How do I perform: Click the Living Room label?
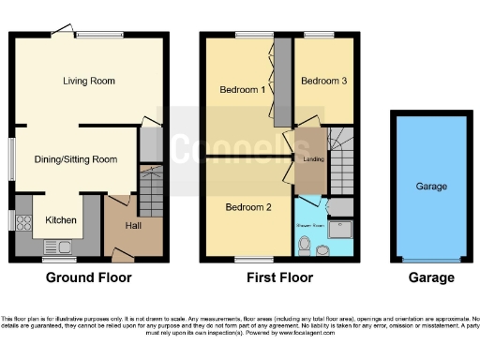tap(89, 82)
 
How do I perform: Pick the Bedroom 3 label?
tap(323, 82)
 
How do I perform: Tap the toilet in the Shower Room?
tap(303, 245)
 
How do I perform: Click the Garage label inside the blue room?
tap(430, 187)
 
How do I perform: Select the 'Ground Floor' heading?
tap(89, 277)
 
